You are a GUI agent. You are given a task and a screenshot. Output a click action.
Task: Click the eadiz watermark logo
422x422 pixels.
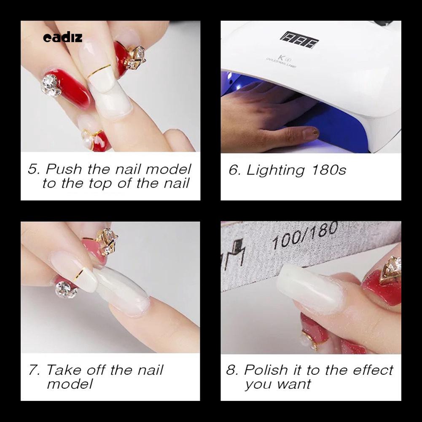63,38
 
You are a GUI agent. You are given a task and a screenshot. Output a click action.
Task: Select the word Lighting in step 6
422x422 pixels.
275,170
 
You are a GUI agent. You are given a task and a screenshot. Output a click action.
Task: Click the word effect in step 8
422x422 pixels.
371,370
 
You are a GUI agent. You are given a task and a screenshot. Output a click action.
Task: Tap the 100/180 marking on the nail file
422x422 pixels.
304,237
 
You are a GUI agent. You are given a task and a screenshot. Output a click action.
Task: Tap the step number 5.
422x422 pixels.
34,169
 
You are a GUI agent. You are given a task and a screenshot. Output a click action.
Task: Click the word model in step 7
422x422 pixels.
70,384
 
